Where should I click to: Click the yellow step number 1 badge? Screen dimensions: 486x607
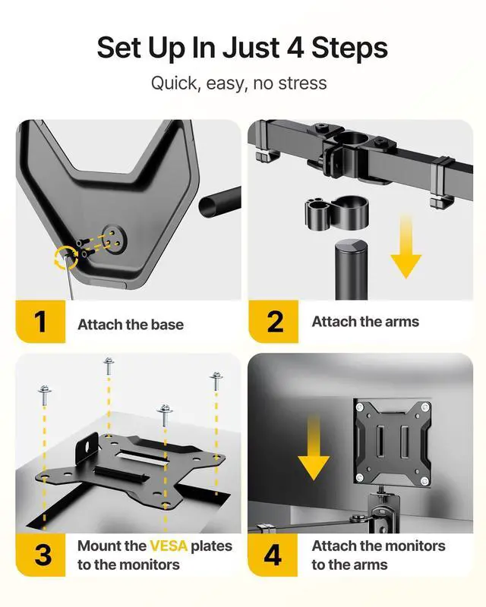tap(40, 321)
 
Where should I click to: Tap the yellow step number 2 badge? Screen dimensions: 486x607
tap(273, 321)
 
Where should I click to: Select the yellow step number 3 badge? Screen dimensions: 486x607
tap(40, 555)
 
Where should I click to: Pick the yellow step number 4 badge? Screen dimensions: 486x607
tap(273, 555)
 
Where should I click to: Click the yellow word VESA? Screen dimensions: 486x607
tap(169, 546)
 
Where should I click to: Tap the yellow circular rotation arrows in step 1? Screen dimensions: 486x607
tap(65, 256)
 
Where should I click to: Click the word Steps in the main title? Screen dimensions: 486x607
tap(349, 49)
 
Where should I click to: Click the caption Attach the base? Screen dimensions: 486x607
tap(131, 325)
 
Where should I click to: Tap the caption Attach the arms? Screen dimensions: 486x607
tap(365, 322)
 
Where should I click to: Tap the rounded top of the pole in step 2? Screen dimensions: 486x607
tap(350, 247)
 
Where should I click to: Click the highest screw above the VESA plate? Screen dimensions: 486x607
tap(109, 366)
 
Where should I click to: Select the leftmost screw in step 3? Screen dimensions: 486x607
tap(45, 395)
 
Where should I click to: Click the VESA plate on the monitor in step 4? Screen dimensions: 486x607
tap(393, 442)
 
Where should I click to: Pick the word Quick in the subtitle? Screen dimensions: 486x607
tap(175, 83)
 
